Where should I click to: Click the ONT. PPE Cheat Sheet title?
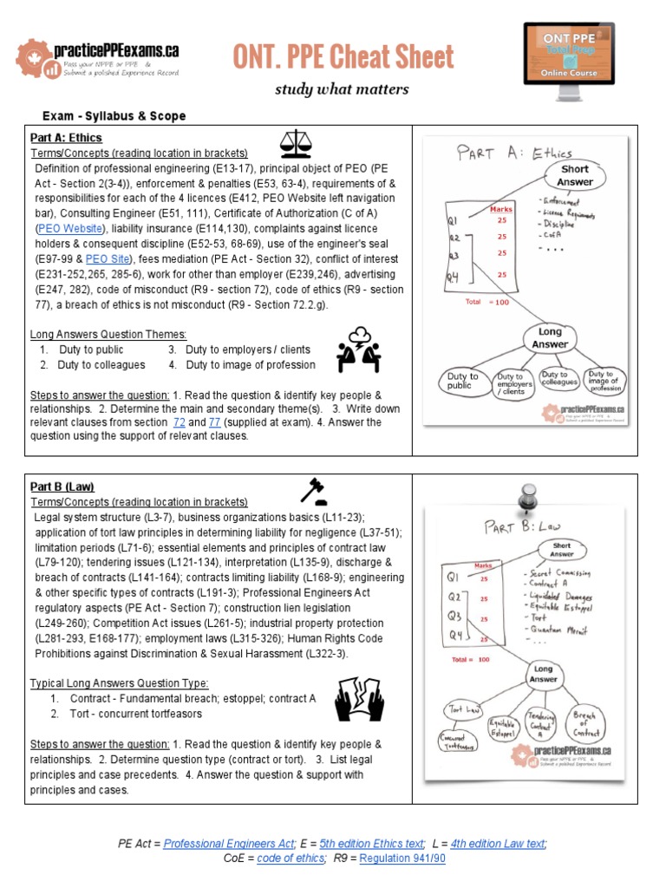click(x=343, y=57)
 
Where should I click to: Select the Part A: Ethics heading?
click(x=66, y=138)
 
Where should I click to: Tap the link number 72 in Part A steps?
click(x=180, y=422)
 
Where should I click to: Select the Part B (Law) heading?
click(x=62, y=486)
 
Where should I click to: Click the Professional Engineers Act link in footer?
click(x=229, y=843)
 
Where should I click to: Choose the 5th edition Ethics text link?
click(x=372, y=843)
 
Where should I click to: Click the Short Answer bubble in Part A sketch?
click(x=574, y=175)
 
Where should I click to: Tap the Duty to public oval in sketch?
click(x=461, y=382)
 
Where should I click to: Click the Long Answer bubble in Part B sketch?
click(x=543, y=676)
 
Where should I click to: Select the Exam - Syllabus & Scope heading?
click(x=114, y=116)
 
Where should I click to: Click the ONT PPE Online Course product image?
click(x=569, y=54)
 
